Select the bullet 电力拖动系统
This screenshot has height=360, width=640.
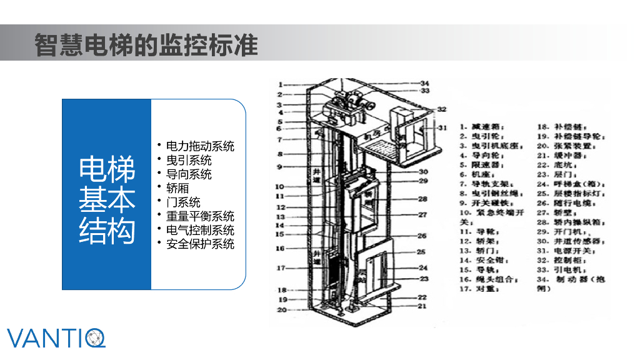pyautogui.click(x=200, y=146)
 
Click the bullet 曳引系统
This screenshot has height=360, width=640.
pyautogui.click(x=189, y=160)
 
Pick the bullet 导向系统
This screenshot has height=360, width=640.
pyautogui.click(x=189, y=174)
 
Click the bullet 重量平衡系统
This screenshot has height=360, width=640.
pyautogui.click(x=200, y=216)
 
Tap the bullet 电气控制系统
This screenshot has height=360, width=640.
pyautogui.click(x=200, y=230)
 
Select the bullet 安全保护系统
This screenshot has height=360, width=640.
pyautogui.click(x=200, y=244)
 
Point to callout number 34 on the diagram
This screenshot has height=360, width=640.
pyautogui.click(x=424, y=83)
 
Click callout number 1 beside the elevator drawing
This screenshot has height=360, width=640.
pyautogui.click(x=281, y=84)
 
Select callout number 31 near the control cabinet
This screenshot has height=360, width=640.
pyautogui.click(x=443, y=128)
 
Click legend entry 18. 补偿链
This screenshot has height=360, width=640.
pyautogui.click(x=560, y=126)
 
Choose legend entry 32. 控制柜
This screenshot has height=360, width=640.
pyautogui.click(x=563, y=260)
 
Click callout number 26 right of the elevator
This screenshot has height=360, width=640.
pyautogui.click(x=422, y=236)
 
